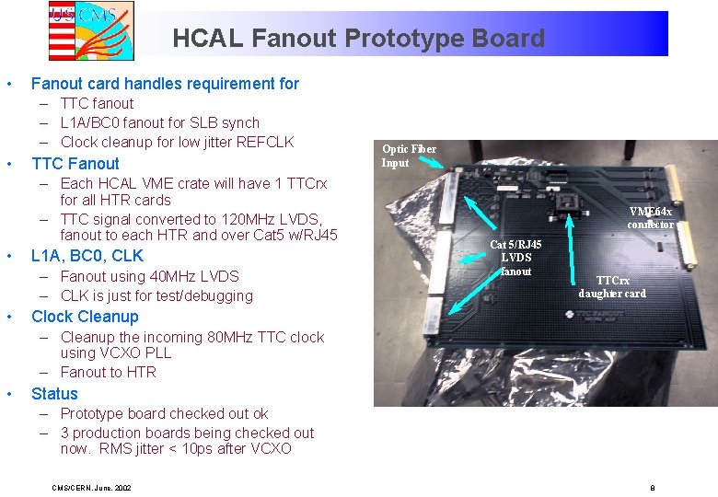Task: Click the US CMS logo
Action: [x=91, y=30]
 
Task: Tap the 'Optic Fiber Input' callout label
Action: [x=409, y=156]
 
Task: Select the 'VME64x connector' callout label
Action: [x=651, y=217]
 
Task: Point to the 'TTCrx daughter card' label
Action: [x=612, y=286]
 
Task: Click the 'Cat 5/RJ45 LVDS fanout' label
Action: [x=515, y=258]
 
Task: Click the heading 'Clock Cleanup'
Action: [x=85, y=317]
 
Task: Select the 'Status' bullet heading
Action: [x=54, y=394]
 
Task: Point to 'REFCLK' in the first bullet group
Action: [x=263, y=142]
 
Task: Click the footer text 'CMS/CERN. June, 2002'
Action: [x=91, y=487]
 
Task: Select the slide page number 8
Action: [x=652, y=487]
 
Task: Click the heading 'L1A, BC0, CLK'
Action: [x=87, y=255]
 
